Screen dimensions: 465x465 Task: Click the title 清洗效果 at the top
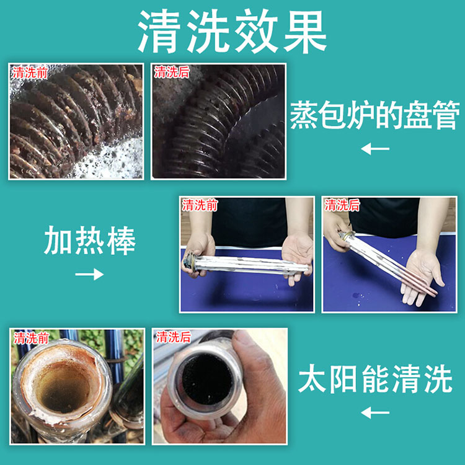point(232,32)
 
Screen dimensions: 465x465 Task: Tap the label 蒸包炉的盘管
point(374,115)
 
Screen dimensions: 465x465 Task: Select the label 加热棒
point(90,241)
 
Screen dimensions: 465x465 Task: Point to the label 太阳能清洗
point(375,379)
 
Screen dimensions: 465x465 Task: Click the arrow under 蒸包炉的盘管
point(375,149)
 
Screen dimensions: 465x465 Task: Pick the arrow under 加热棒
point(89,274)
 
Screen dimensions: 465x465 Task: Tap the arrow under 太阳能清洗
point(375,412)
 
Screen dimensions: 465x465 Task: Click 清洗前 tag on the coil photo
point(30,73)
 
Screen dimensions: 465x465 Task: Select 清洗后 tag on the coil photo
point(172,73)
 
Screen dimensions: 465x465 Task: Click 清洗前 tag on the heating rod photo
point(200,205)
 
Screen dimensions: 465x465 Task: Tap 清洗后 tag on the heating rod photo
point(342,205)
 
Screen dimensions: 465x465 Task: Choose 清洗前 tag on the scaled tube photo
point(31,338)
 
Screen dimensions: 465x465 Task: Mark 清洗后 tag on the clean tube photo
point(174,337)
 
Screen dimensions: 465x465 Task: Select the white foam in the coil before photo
point(116,160)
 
